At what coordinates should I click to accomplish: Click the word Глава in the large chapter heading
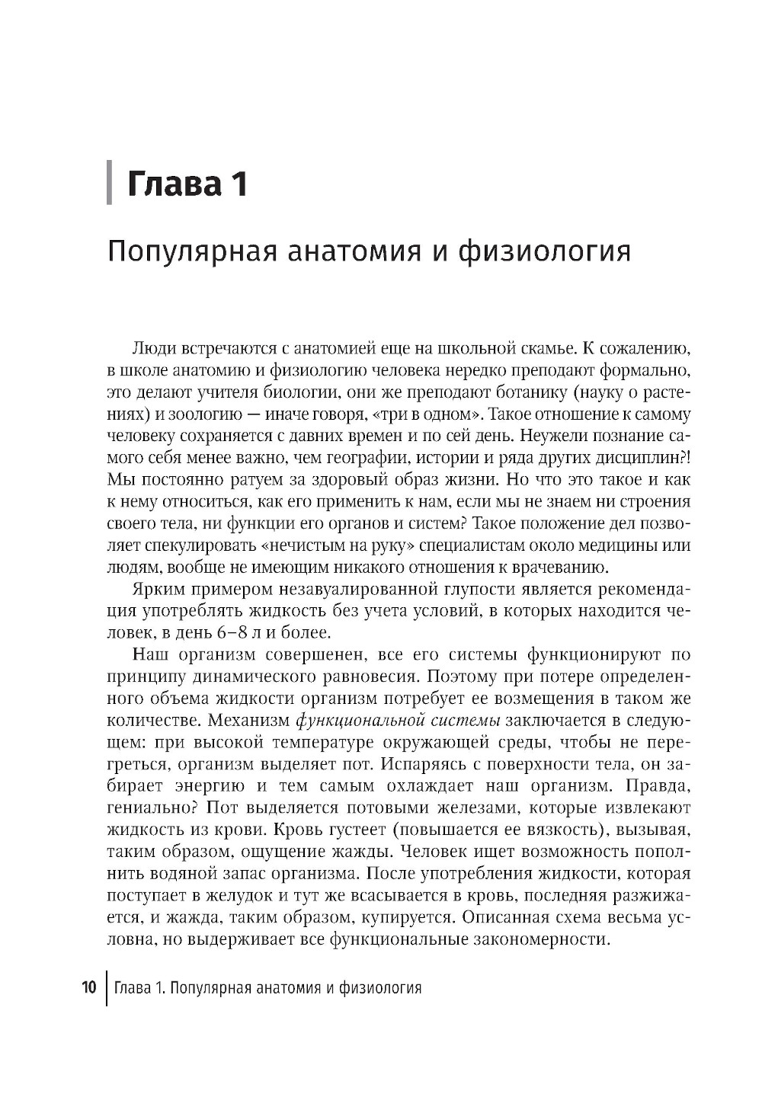point(174,184)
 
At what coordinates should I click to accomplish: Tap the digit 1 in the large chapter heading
point(239,184)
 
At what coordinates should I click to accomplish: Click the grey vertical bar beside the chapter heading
point(110,182)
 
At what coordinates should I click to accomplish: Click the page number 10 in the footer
point(88,988)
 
